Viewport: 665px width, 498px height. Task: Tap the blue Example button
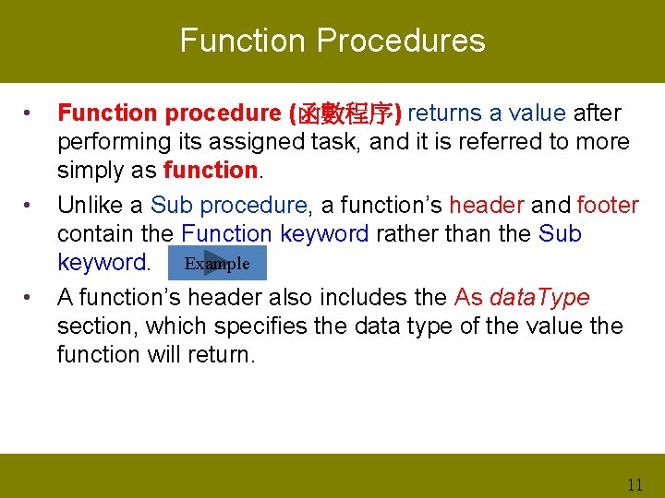point(217,264)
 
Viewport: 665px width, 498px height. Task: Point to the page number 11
point(634,484)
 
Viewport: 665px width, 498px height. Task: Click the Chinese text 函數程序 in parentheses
point(345,113)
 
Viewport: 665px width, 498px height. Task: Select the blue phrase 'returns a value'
point(487,113)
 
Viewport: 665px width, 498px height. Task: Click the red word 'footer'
point(608,205)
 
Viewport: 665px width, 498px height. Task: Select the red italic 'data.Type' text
point(539,297)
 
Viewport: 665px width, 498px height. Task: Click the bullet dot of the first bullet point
point(30,114)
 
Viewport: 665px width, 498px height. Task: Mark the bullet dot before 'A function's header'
point(30,298)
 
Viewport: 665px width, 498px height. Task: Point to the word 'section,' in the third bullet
point(97,326)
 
